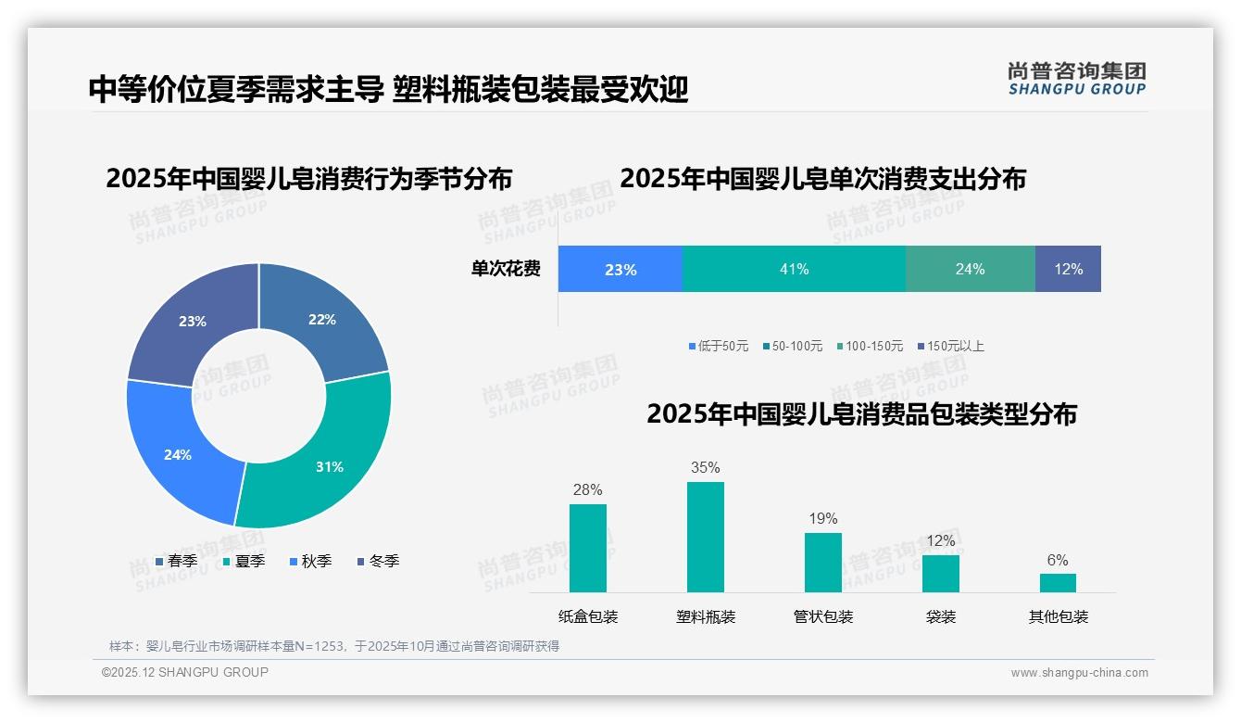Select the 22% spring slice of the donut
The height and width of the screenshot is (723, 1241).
click(324, 319)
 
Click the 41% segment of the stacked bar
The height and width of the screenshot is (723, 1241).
click(794, 269)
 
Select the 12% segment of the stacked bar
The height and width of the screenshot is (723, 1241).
click(1068, 269)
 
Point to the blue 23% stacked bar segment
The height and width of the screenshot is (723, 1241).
click(620, 269)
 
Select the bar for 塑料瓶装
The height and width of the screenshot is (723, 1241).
click(705, 537)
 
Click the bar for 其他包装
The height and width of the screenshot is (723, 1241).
click(1058, 582)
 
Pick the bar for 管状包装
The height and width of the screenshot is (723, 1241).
click(822, 562)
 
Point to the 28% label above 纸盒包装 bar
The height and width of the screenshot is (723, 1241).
click(587, 489)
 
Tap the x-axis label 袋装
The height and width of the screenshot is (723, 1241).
click(940, 616)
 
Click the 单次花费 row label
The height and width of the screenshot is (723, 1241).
click(506, 269)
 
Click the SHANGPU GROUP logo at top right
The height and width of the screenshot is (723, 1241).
click(1076, 79)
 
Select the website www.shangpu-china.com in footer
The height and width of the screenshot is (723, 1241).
click(1079, 673)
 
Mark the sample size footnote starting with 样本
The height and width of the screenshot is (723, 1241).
click(334, 646)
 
